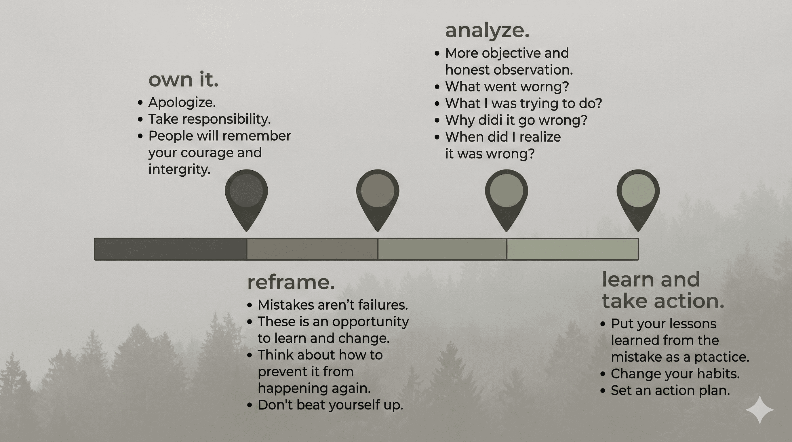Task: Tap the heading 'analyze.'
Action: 487,31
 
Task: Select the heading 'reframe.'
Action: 291,282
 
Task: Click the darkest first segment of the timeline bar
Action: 170,249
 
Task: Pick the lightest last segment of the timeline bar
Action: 572,249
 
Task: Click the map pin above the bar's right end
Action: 638,197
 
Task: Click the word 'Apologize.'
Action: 182,102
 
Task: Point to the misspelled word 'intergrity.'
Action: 179,169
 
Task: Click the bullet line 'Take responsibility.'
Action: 210,119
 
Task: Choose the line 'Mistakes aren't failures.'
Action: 333,305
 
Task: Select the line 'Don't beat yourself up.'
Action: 330,405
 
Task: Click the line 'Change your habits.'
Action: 675,374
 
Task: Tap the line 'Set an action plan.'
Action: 670,390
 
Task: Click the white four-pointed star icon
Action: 759,410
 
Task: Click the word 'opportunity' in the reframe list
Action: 370,322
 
